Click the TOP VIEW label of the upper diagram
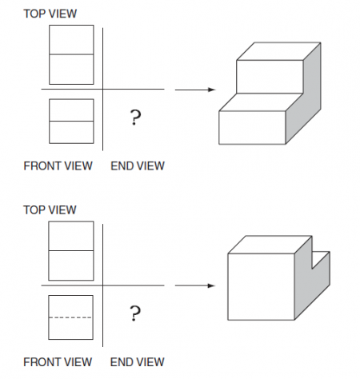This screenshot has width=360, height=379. pyautogui.click(x=50, y=14)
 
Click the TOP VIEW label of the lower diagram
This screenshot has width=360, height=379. pyautogui.click(x=50, y=209)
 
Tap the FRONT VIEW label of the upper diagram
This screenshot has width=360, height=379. pyautogui.click(x=58, y=166)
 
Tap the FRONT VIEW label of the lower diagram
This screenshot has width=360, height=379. pyautogui.click(x=58, y=362)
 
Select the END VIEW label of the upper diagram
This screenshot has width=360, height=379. pyautogui.click(x=138, y=166)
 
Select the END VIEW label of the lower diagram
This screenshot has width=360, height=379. pyautogui.click(x=138, y=362)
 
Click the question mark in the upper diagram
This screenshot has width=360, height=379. pyautogui.click(x=135, y=117)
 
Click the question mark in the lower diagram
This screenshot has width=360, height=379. pyautogui.click(x=135, y=313)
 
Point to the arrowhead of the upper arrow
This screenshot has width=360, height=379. pyautogui.click(x=212, y=90)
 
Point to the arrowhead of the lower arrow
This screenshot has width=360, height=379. pyautogui.click(x=211, y=285)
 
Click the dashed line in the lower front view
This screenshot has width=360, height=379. pyautogui.click(x=70, y=317)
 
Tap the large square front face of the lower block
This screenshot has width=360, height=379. pyautogui.click(x=261, y=286)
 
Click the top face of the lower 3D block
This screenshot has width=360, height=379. pyautogui.click(x=270, y=245)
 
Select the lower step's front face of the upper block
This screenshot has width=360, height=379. pyautogui.click(x=252, y=127)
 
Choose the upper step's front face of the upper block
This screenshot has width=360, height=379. pyautogui.click(x=270, y=77)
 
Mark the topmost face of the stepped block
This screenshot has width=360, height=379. pyautogui.click(x=278, y=51)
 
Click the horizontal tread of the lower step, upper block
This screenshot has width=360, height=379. pyautogui.click(x=261, y=102)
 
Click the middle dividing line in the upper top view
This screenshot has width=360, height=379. pyautogui.click(x=71, y=54)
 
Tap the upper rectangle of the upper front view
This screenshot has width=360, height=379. pyautogui.click(x=71, y=110)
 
